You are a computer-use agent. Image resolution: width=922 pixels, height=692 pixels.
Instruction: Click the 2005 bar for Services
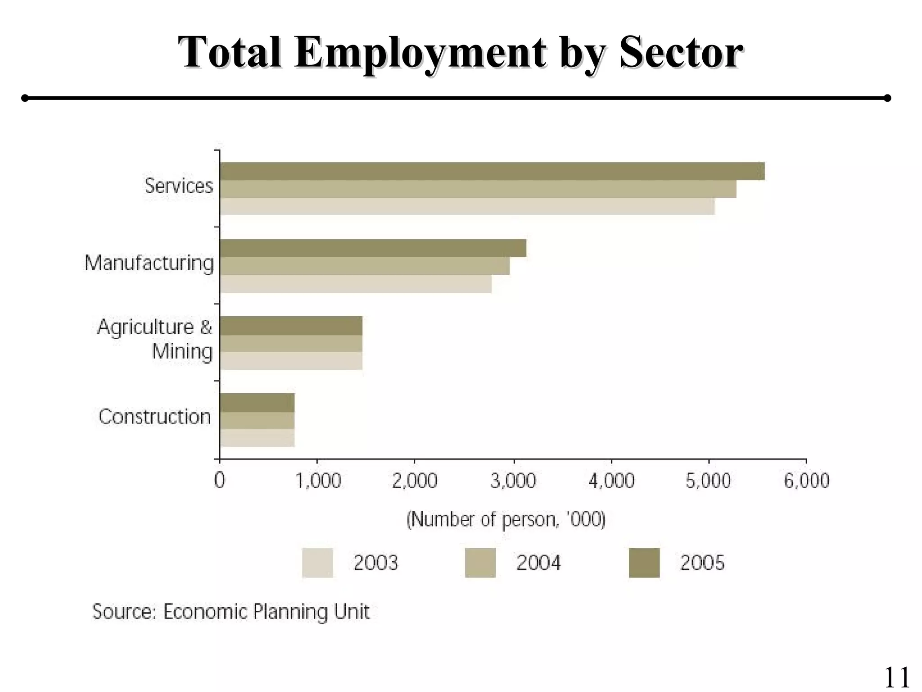492,171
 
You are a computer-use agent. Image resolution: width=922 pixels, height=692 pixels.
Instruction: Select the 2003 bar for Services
467,206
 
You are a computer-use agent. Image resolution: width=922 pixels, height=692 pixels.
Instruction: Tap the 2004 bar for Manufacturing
365,266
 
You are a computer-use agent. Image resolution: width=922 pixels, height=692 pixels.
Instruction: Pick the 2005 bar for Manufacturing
373,248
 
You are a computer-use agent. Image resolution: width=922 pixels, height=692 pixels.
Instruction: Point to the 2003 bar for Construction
257,438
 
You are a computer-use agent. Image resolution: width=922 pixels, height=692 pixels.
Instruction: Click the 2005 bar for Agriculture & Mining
291,326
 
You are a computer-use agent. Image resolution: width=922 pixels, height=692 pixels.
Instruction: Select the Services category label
179,186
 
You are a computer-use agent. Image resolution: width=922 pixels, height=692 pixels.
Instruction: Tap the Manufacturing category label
149,263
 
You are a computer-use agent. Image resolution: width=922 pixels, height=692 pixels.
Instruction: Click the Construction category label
154,417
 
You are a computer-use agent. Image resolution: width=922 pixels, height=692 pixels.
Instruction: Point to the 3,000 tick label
513,481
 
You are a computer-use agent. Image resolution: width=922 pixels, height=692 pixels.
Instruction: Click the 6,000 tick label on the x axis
806,481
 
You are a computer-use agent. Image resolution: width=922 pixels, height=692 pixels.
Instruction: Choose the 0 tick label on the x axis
220,481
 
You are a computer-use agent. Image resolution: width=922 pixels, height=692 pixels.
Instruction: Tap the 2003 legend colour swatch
317,563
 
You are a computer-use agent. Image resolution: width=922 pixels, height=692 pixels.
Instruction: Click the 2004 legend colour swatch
480,563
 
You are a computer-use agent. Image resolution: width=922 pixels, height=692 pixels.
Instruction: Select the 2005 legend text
702,563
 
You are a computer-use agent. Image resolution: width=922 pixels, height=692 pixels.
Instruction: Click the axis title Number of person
506,520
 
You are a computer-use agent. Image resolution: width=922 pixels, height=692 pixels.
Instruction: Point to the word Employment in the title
420,53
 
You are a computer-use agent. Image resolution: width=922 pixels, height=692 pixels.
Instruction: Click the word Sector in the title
680,53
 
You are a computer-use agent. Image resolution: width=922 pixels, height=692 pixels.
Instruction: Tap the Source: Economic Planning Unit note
231,612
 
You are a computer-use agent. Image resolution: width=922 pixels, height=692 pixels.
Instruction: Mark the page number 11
897,677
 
